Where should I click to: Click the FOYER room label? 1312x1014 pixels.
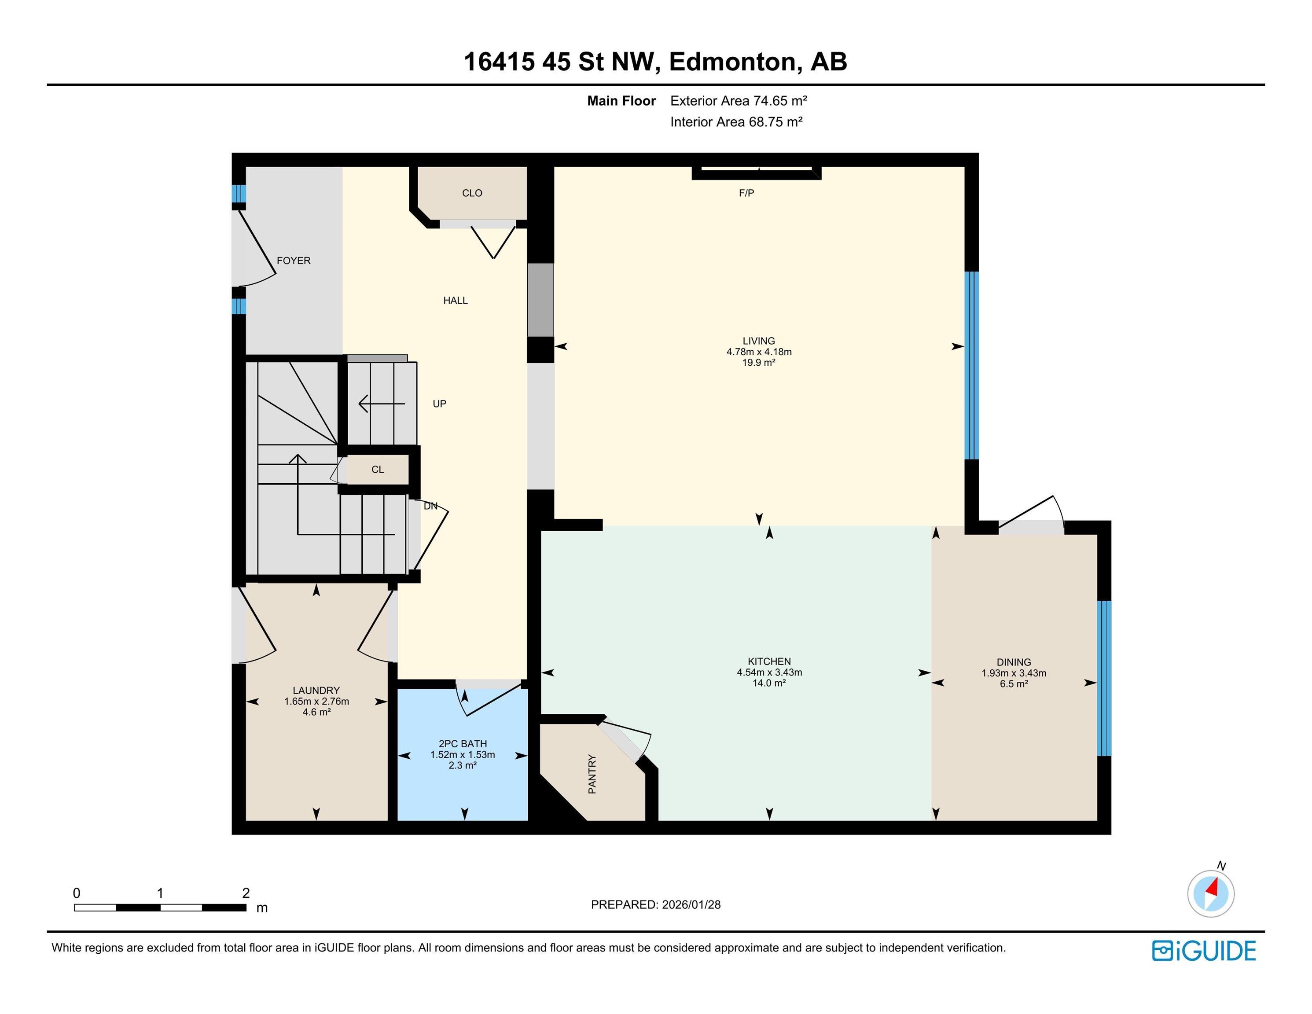coord(293,261)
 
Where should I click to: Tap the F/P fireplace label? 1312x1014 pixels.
coord(746,193)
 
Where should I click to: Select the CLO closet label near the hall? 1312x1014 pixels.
coord(472,193)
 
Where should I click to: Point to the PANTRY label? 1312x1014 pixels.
coord(592,774)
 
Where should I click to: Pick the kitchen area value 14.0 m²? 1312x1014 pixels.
coord(769,683)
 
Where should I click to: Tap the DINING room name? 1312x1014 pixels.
coord(1014,662)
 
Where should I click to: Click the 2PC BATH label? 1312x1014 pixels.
coord(463,744)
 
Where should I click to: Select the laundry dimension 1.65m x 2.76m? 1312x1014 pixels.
coord(316,702)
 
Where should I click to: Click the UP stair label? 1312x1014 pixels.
coord(440,404)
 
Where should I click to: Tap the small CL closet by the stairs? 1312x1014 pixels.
coord(378,470)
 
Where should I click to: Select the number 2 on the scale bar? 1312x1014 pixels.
coord(246,893)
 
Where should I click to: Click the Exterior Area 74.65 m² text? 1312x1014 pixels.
coord(738,101)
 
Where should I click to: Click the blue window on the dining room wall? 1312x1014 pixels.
coord(1104,678)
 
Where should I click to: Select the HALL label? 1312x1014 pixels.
coord(456,300)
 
